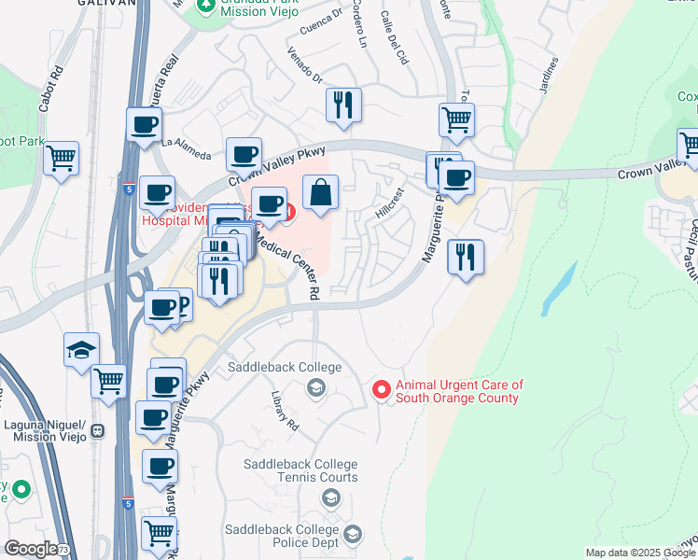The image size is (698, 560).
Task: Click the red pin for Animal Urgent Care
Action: coord(381,390)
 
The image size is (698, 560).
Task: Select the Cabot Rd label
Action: coord(50,89)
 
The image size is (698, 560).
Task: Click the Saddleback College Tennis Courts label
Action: coord(300,470)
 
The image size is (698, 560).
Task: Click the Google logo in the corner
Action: coord(30,549)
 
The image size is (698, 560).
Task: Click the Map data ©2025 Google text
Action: coord(641,553)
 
